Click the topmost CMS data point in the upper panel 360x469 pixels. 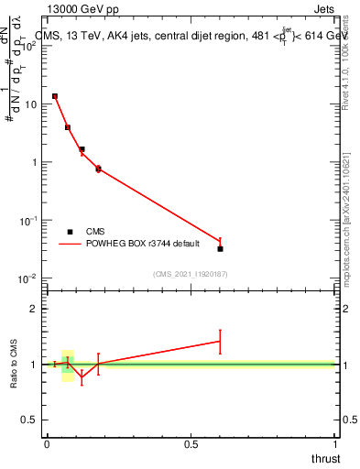tap(55, 96)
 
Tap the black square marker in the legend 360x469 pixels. tap(70, 232)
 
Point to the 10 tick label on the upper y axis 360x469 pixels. tap(30, 104)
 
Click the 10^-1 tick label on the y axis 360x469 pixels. tap(28, 221)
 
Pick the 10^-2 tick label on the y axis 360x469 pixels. tap(28, 278)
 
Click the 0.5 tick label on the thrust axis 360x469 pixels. tap(191, 444)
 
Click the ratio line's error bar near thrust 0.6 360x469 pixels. tap(220, 341)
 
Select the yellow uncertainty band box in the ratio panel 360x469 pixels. tap(68, 365)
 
